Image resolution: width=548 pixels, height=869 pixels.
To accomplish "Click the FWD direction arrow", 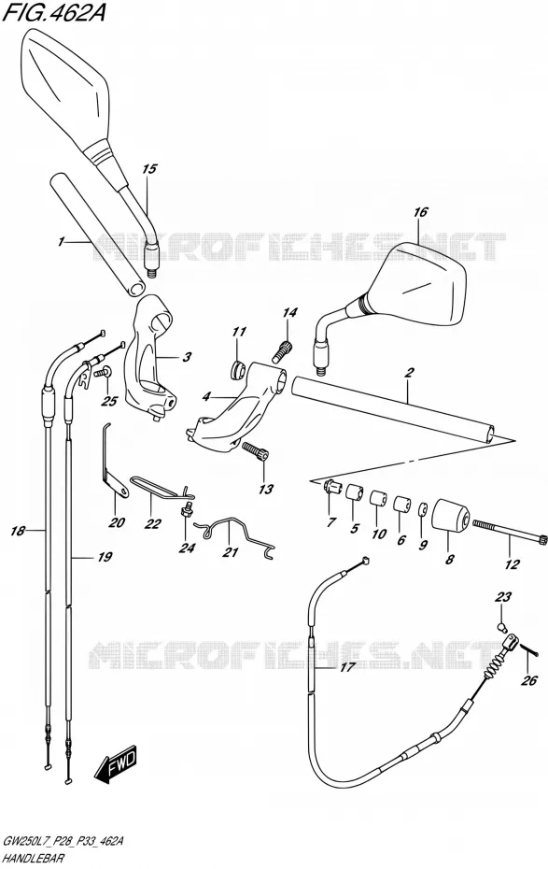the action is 116,766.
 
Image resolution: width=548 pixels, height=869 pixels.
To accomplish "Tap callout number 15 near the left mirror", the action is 149,169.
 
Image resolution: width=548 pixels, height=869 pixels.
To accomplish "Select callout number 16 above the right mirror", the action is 420,212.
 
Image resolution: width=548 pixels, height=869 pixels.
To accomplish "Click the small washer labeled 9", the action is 422,508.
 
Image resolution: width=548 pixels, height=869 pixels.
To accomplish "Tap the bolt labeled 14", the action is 282,349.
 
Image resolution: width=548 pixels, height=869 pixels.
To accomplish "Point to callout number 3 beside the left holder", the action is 187,356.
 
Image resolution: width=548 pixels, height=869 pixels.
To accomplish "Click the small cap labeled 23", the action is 501,626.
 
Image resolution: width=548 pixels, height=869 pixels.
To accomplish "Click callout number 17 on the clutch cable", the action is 346,668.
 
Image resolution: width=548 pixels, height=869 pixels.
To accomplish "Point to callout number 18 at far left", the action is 18,531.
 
